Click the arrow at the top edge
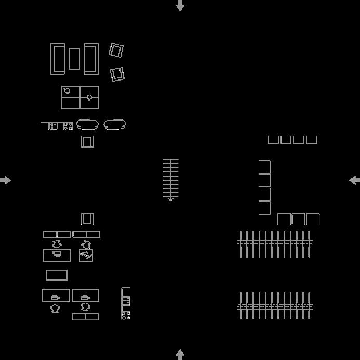[x=180, y=6]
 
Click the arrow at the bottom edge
[x=180, y=354]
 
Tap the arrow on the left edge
[x=6, y=180]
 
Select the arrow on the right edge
[x=354, y=180]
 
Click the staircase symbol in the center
[x=170, y=180]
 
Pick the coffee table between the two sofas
[x=75, y=59]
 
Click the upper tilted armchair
[x=116, y=50]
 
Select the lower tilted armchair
[x=117, y=74]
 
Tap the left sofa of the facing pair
[x=58, y=59]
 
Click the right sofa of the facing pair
[x=91, y=59]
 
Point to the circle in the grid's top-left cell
[x=67, y=91]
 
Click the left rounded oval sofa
[x=87, y=125]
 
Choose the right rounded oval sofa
[x=114, y=125]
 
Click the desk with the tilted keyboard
[x=86, y=256]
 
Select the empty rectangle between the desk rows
[x=57, y=275]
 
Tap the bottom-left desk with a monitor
[x=56, y=296]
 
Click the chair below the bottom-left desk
[x=56, y=308]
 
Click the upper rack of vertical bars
[x=275, y=244]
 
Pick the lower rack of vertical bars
[x=275, y=305]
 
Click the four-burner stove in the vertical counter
[x=126, y=315]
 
